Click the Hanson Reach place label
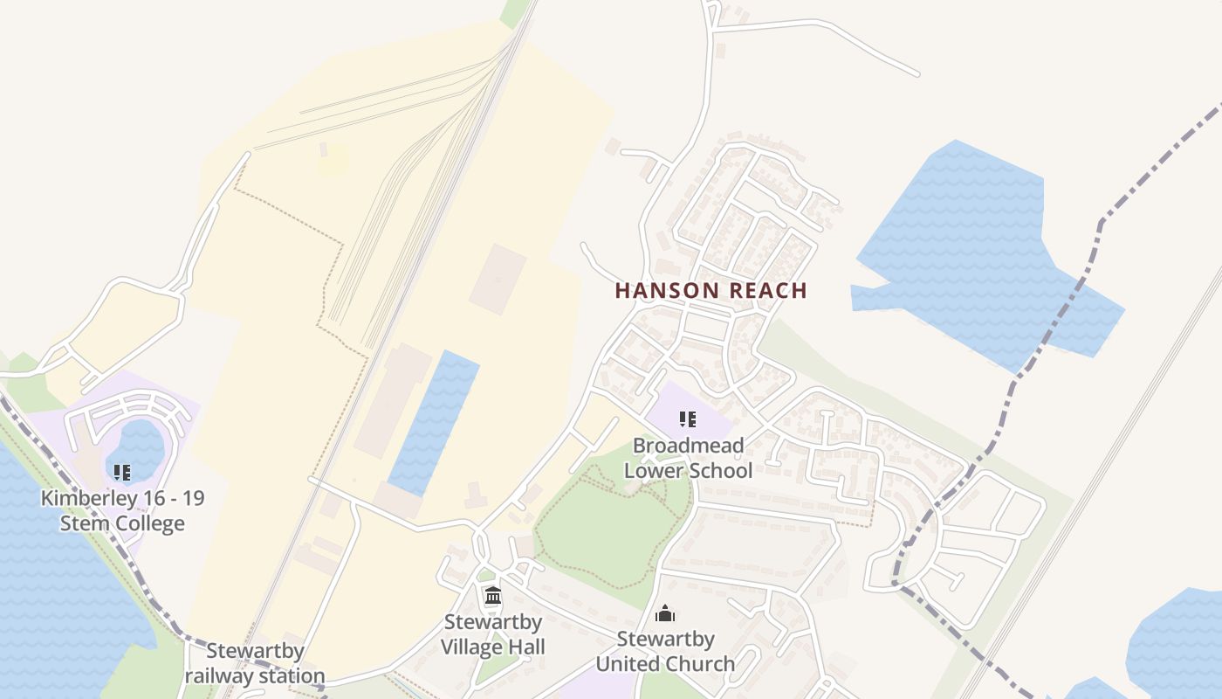coord(711,291)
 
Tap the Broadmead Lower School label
coord(688,458)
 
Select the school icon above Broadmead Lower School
coord(688,420)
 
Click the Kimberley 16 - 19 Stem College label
coord(122,511)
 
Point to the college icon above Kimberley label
coord(122,473)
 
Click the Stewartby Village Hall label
coord(492,634)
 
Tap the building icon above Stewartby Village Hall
coord(492,596)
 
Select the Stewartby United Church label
coord(665,651)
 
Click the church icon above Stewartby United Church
coord(665,613)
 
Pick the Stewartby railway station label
coord(255,663)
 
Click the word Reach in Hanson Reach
coord(764,291)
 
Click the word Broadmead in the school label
coord(688,446)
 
